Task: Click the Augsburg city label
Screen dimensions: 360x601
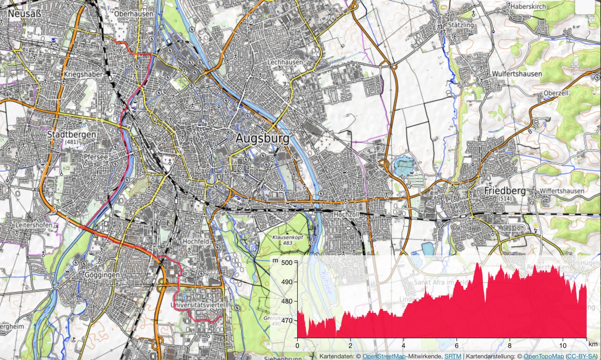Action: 262,139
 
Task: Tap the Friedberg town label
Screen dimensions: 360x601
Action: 505,191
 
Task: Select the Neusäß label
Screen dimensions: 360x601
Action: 24,14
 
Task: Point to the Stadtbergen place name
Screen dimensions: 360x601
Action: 72,134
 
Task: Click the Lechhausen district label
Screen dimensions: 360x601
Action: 285,62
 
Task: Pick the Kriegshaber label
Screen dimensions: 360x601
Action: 83,74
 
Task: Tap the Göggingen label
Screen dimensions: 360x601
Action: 102,275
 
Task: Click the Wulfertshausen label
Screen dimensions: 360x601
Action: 517,74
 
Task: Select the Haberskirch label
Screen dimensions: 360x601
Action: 528,6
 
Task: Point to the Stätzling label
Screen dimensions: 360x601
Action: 461,25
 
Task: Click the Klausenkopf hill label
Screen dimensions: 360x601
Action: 287,237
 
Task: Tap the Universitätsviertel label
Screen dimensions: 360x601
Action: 199,305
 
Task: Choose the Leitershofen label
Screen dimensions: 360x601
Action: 34,225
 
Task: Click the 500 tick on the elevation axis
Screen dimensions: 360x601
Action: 287,263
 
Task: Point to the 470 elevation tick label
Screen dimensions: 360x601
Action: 287,321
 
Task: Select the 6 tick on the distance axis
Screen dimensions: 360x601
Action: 456,346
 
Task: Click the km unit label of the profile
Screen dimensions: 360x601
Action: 593,344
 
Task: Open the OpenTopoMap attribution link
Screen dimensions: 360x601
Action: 543,356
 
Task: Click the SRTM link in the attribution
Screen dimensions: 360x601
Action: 453,356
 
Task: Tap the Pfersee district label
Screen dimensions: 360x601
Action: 96,157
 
